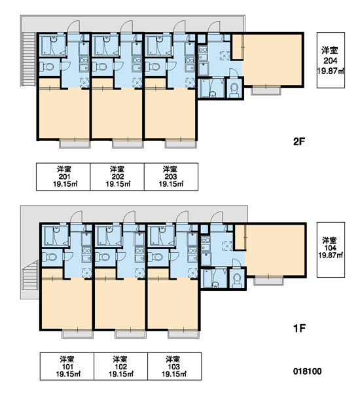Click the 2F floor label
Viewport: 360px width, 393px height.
(x=299, y=141)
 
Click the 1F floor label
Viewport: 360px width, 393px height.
(x=299, y=328)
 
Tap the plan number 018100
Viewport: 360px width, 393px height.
(x=308, y=371)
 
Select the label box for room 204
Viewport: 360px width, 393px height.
(x=331, y=60)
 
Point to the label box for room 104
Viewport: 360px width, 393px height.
(x=331, y=250)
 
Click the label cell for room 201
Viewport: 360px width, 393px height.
(x=63, y=177)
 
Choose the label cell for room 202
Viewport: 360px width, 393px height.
(x=117, y=177)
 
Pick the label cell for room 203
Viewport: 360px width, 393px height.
(x=171, y=177)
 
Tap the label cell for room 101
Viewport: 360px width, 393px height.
(x=67, y=366)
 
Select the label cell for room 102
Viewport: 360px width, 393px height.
(x=120, y=366)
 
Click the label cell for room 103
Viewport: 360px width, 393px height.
(x=175, y=366)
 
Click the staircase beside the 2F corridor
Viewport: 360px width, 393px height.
(x=28, y=60)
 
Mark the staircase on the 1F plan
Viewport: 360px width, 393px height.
(x=30, y=276)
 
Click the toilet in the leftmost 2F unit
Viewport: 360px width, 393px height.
(x=47, y=67)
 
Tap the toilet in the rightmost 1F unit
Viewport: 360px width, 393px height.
(x=236, y=278)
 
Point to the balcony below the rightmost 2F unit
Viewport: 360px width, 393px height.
(x=266, y=90)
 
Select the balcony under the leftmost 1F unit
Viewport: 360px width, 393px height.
(x=77, y=334)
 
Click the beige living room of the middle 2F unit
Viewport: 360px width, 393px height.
(x=117, y=113)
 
